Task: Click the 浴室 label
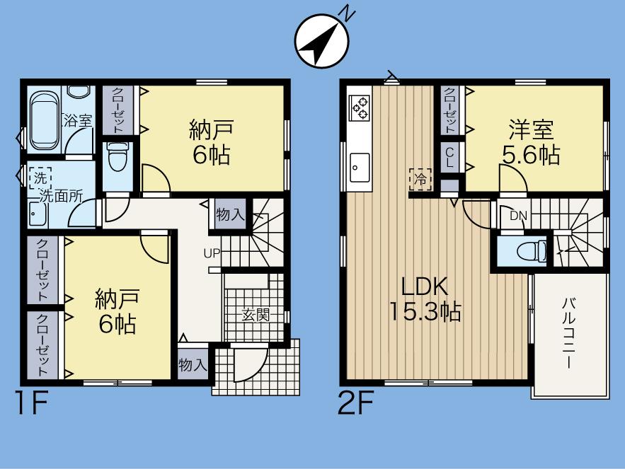coord(79,120)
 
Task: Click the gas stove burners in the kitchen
coord(360,107)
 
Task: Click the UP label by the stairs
coord(212,253)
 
